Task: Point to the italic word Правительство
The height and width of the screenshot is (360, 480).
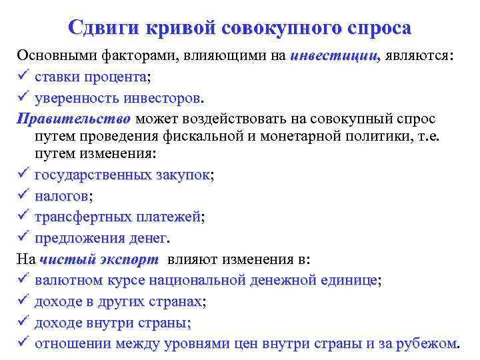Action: coord(74,119)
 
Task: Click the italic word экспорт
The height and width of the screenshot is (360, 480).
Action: coord(130,259)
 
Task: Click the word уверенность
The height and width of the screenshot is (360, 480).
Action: coord(77,98)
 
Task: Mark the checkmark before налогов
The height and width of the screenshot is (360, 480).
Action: coord(24,196)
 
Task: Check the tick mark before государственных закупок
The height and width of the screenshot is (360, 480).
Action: coord(24,175)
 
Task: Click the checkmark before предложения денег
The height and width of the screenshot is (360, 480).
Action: coord(24,238)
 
